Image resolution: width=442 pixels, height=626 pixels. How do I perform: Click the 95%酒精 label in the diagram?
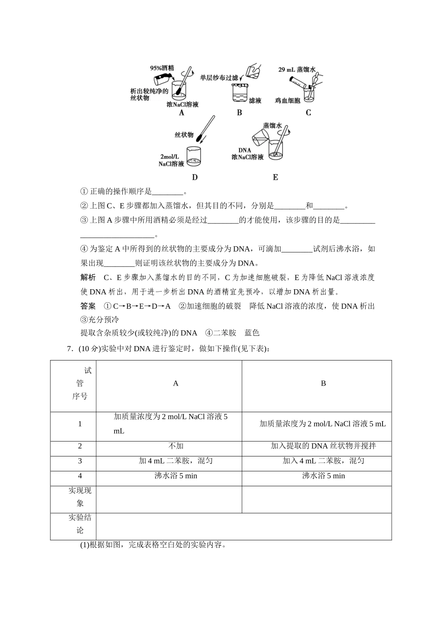click(x=162, y=68)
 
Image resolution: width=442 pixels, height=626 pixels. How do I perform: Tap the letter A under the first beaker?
click(x=181, y=113)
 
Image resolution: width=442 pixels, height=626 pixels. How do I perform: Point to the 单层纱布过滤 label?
click(x=219, y=78)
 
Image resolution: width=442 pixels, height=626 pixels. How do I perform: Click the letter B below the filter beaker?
click(x=240, y=113)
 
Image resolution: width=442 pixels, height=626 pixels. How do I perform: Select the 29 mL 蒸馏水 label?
click(x=297, y=69)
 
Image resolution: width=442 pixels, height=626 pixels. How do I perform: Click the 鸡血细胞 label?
click(x=288, y=100)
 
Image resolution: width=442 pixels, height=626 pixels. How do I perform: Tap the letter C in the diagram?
click(x=308, y=113)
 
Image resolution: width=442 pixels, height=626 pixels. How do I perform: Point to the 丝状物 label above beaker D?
click(x=184, y=135)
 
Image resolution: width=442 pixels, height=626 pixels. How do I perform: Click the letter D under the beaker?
click(x=194, y=177)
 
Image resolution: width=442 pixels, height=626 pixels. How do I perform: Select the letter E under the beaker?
click(x=275, y=177)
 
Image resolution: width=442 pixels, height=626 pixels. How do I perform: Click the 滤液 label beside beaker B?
click(x=255, y=100)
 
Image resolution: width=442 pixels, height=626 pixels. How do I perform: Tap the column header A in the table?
click(x=175, y=383)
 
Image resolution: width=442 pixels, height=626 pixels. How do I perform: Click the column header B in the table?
click(x=323, y=383)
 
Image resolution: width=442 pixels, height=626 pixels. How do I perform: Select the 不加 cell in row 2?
click(x=175, y=446)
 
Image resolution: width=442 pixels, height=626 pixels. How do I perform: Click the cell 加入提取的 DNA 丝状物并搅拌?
click(x=323, y=446)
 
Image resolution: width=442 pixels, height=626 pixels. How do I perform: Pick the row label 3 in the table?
click(x=80, y=461)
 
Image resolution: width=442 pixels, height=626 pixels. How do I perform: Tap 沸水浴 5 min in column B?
click(x=323, y=476)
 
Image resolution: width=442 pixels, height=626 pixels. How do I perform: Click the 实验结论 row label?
click(x=80, y=524)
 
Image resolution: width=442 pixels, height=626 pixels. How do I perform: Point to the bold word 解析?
click(x=88, y=278)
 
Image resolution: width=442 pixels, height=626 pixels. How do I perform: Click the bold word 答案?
click(x=88, y=306)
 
